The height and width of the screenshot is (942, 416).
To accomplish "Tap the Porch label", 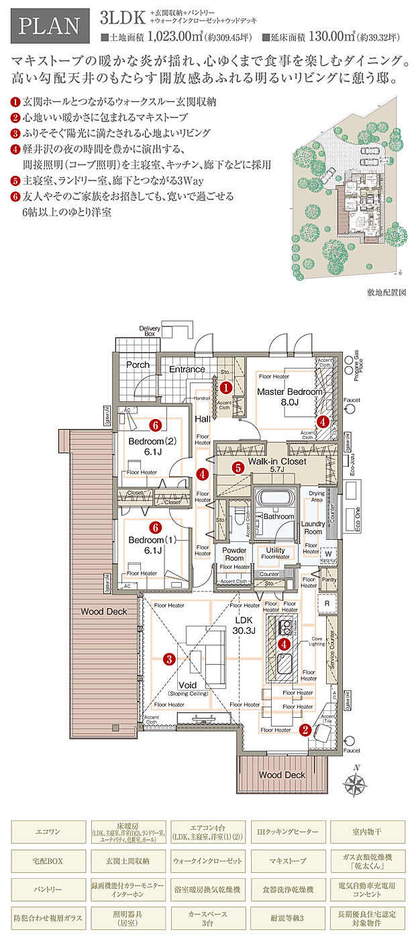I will click(x=138, y=365).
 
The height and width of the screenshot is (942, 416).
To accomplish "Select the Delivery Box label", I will click(x=150, y=331).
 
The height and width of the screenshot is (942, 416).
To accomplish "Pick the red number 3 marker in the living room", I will click(x=170, y=659).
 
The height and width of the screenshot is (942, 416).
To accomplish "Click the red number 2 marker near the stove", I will click(x=305, y=731).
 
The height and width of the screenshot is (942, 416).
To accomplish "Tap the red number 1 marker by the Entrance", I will click(x=226, y=387).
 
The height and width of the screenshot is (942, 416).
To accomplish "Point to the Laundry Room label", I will click(x=312, y=528).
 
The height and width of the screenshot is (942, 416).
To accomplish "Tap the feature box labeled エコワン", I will click(x=48, y=831).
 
